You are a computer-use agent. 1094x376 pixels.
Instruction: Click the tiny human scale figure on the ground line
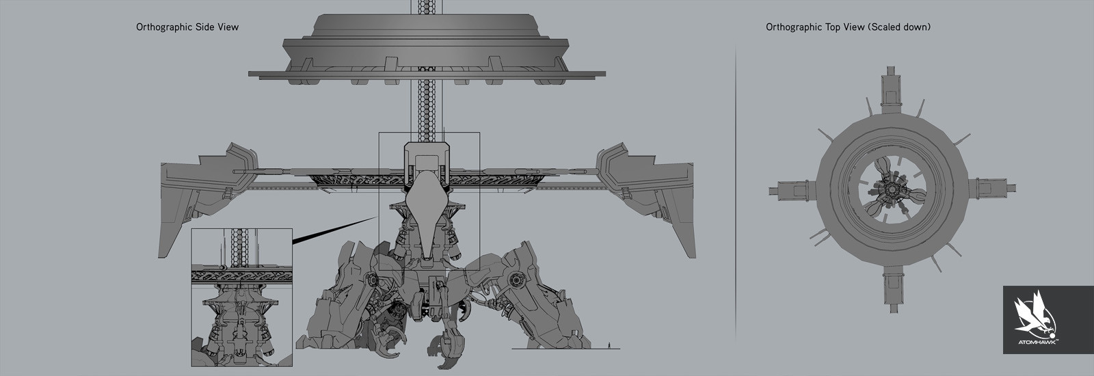[x=609, y=346]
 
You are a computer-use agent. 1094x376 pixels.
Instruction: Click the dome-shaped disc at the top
[x=427, y=49]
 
